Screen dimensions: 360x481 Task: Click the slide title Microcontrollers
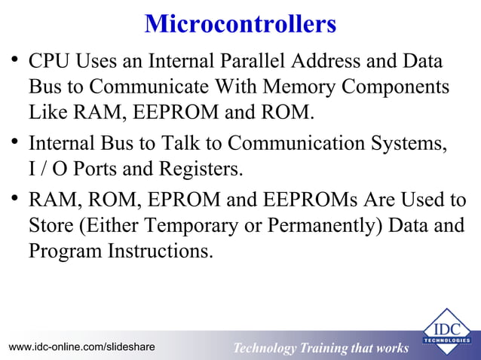click(x=240, y=23)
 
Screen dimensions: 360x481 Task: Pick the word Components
click(x=396, y=87)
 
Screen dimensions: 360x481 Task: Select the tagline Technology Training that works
click(x=320, y=348)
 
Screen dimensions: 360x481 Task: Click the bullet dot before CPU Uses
click(x=13, y=59)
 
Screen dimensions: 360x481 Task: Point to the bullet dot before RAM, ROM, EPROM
click(x=13, y=199)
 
